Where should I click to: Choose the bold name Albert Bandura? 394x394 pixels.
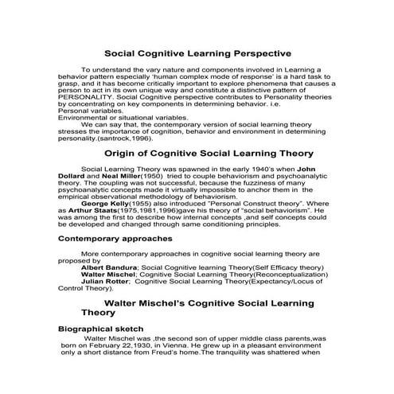pos(110,267)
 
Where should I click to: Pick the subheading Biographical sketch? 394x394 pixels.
pos(101,329)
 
